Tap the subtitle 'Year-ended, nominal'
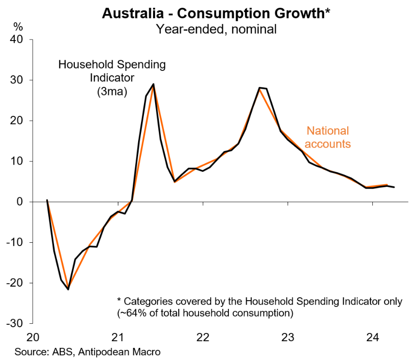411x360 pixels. click(216, 29)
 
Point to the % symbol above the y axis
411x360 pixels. click(18, 26)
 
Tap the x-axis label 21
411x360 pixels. click(118, 336)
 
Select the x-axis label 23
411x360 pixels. click(288, 336)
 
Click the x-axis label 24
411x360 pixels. click(373, 336)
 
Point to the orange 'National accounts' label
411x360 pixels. click(328, 137)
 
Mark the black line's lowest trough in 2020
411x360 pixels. click(68, 290)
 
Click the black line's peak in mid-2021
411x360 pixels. click(153, 84)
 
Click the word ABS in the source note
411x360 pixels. click(54, 351)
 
